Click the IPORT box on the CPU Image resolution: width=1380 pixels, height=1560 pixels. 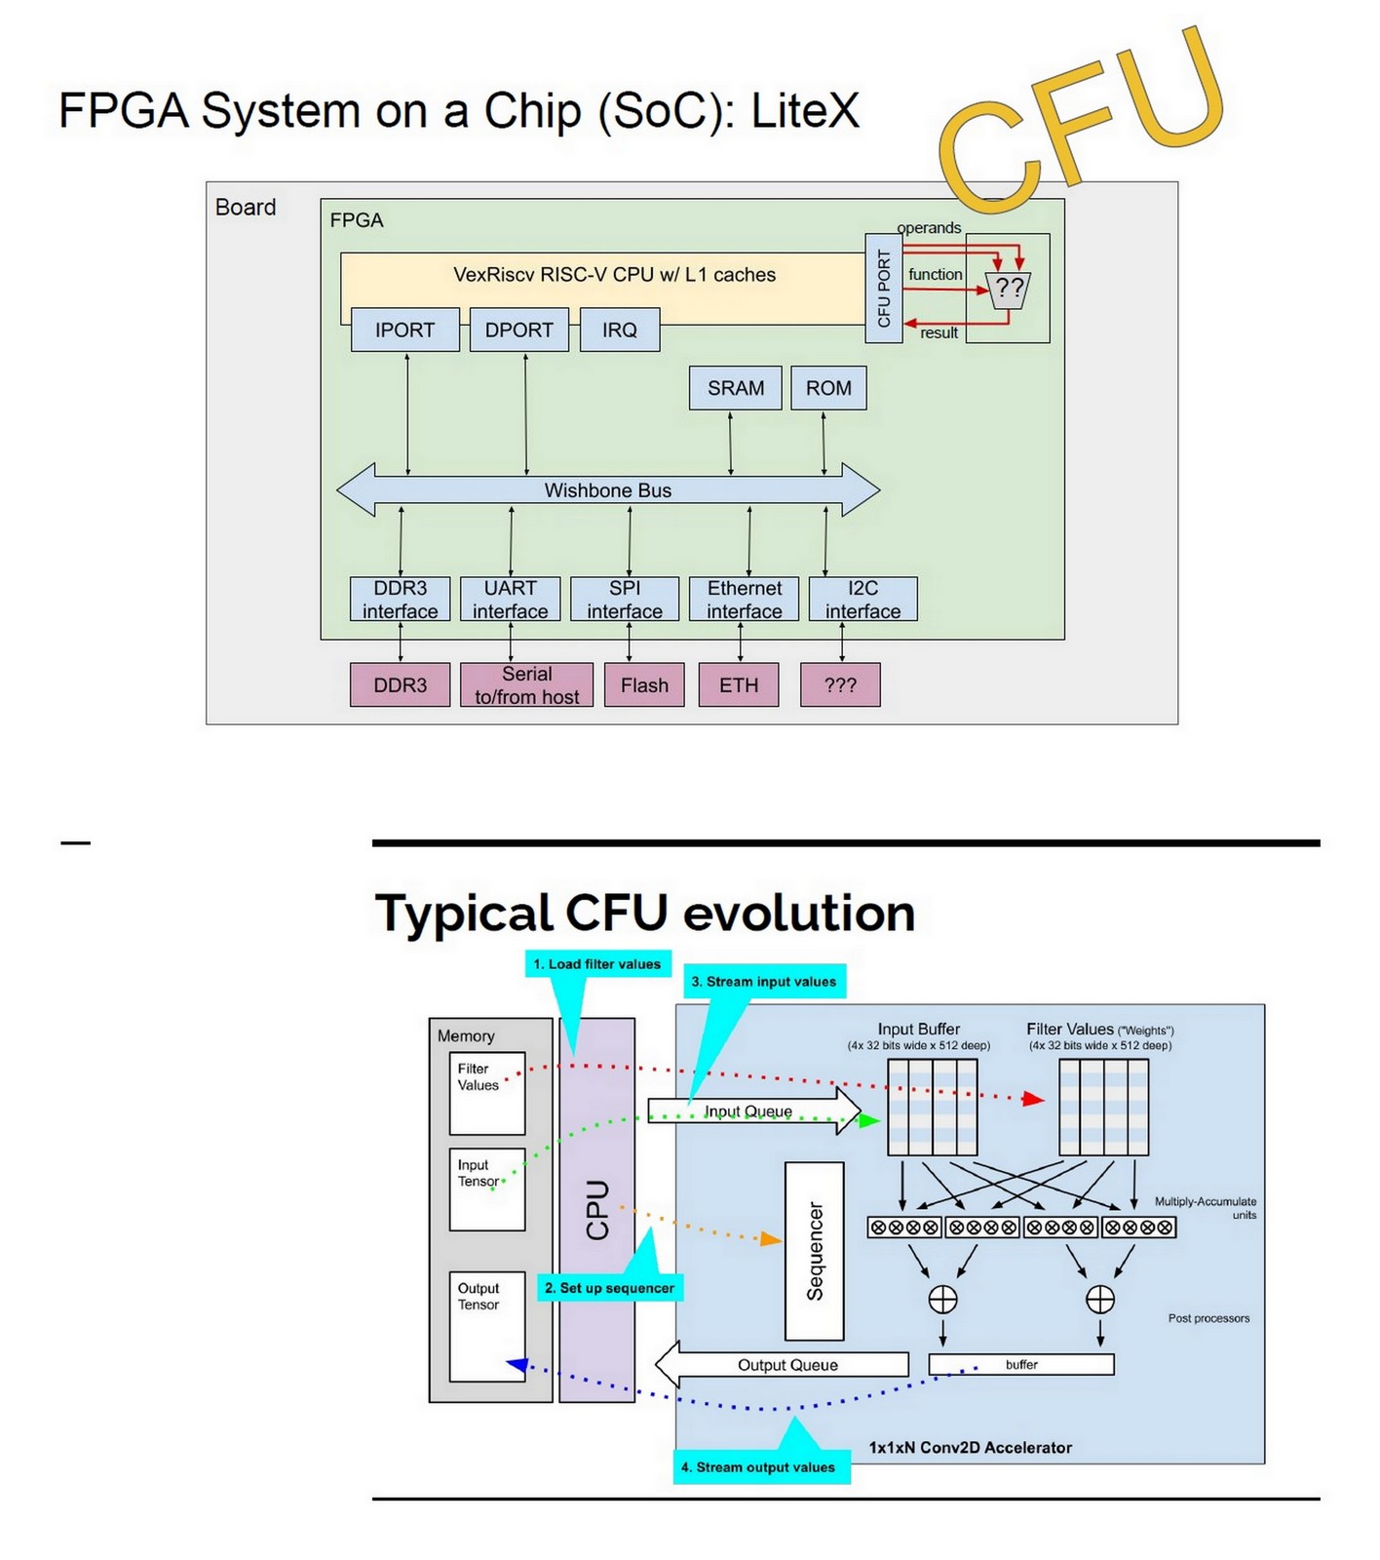pyautogui.click(x=404, y=330)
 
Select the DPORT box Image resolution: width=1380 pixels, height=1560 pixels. pyautogui.click(x=518, y=330)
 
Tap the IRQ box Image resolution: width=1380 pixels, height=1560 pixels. pyautogui.click(x=619, y=330)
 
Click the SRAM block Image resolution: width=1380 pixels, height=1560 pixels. pyautogui.click(x=735, y=388)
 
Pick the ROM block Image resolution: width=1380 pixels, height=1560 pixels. pyautogui.click(x=828, y=388)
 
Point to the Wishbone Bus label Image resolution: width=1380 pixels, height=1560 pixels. pyautogui.click(x=607, y=490)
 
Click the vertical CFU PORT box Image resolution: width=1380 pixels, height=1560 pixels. pyautogui.click(x=884, y=289)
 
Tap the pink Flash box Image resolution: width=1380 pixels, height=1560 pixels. pyautogui.click(x=644, y=684)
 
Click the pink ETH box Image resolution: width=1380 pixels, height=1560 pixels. pyautogui.click(x=739, y=684)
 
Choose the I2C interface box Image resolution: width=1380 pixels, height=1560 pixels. pyautogui.click(x=862, y=600)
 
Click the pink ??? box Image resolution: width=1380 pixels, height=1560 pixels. pyautogui.click(x=840, y=684)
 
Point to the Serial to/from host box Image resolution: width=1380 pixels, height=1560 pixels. pyautogui.click(x=526, y=684)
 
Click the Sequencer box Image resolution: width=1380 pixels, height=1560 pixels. pyautogui.click(x=815, y=1251)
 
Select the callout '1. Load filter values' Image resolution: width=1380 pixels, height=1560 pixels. pyautogui.click(x=596, y=964)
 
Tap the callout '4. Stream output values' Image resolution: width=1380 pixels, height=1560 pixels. pyautogui.click(x=758, y=1467)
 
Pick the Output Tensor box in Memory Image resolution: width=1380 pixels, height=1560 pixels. pyautogui.click(x=486, y=1327)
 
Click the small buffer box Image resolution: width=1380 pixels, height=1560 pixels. pyautogui.click(x=1021, y=1365)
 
